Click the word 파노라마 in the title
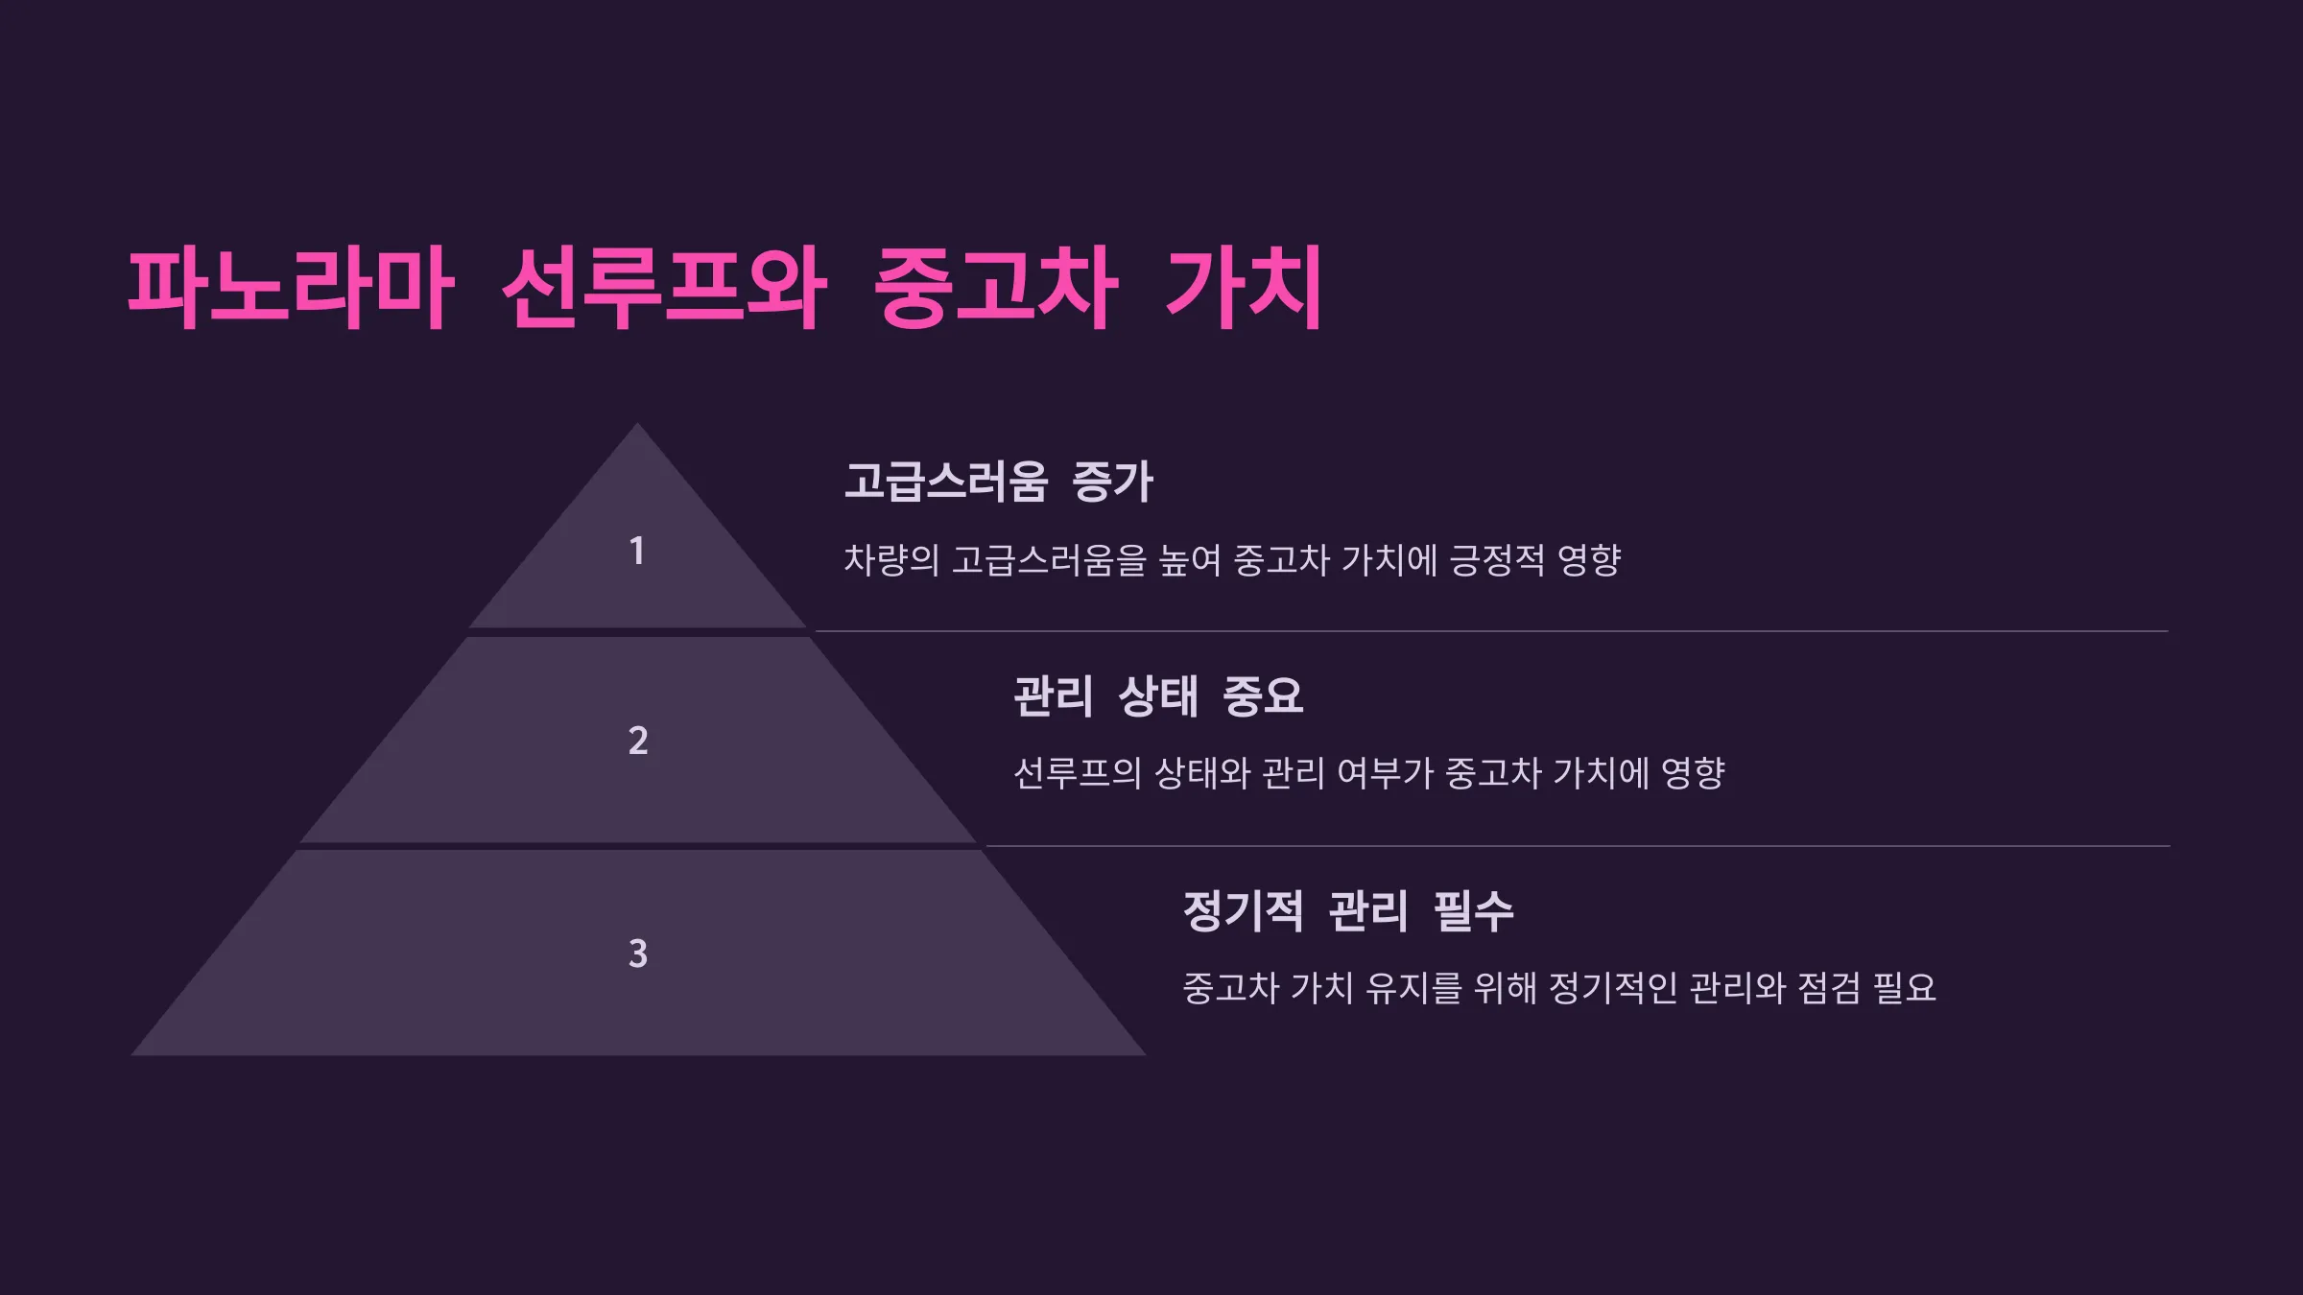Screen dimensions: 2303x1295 [290, 288]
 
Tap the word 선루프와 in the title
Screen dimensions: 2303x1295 [663, 288]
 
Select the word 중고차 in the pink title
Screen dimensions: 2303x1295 [996, 288]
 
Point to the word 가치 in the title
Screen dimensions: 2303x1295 [1245, 288]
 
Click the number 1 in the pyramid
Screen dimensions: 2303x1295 [636, 551]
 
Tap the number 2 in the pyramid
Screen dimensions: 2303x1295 [638, 740]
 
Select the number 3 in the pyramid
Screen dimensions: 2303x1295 [638, 954]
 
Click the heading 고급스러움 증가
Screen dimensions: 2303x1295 [998, 482]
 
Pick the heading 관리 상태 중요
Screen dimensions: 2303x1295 [1158, 695]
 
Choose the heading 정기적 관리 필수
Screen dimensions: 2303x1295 [1348, 910]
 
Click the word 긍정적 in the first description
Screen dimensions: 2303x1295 [1497, 560]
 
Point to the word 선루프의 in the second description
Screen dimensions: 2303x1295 [1078, 773]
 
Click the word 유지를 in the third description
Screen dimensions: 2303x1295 [1414, 988]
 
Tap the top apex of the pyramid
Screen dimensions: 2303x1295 [637, 423]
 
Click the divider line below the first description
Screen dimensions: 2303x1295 [1491, 631]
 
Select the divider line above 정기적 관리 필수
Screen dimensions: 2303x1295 [1578, 846]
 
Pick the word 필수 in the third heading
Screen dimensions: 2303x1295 [1474, 910]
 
